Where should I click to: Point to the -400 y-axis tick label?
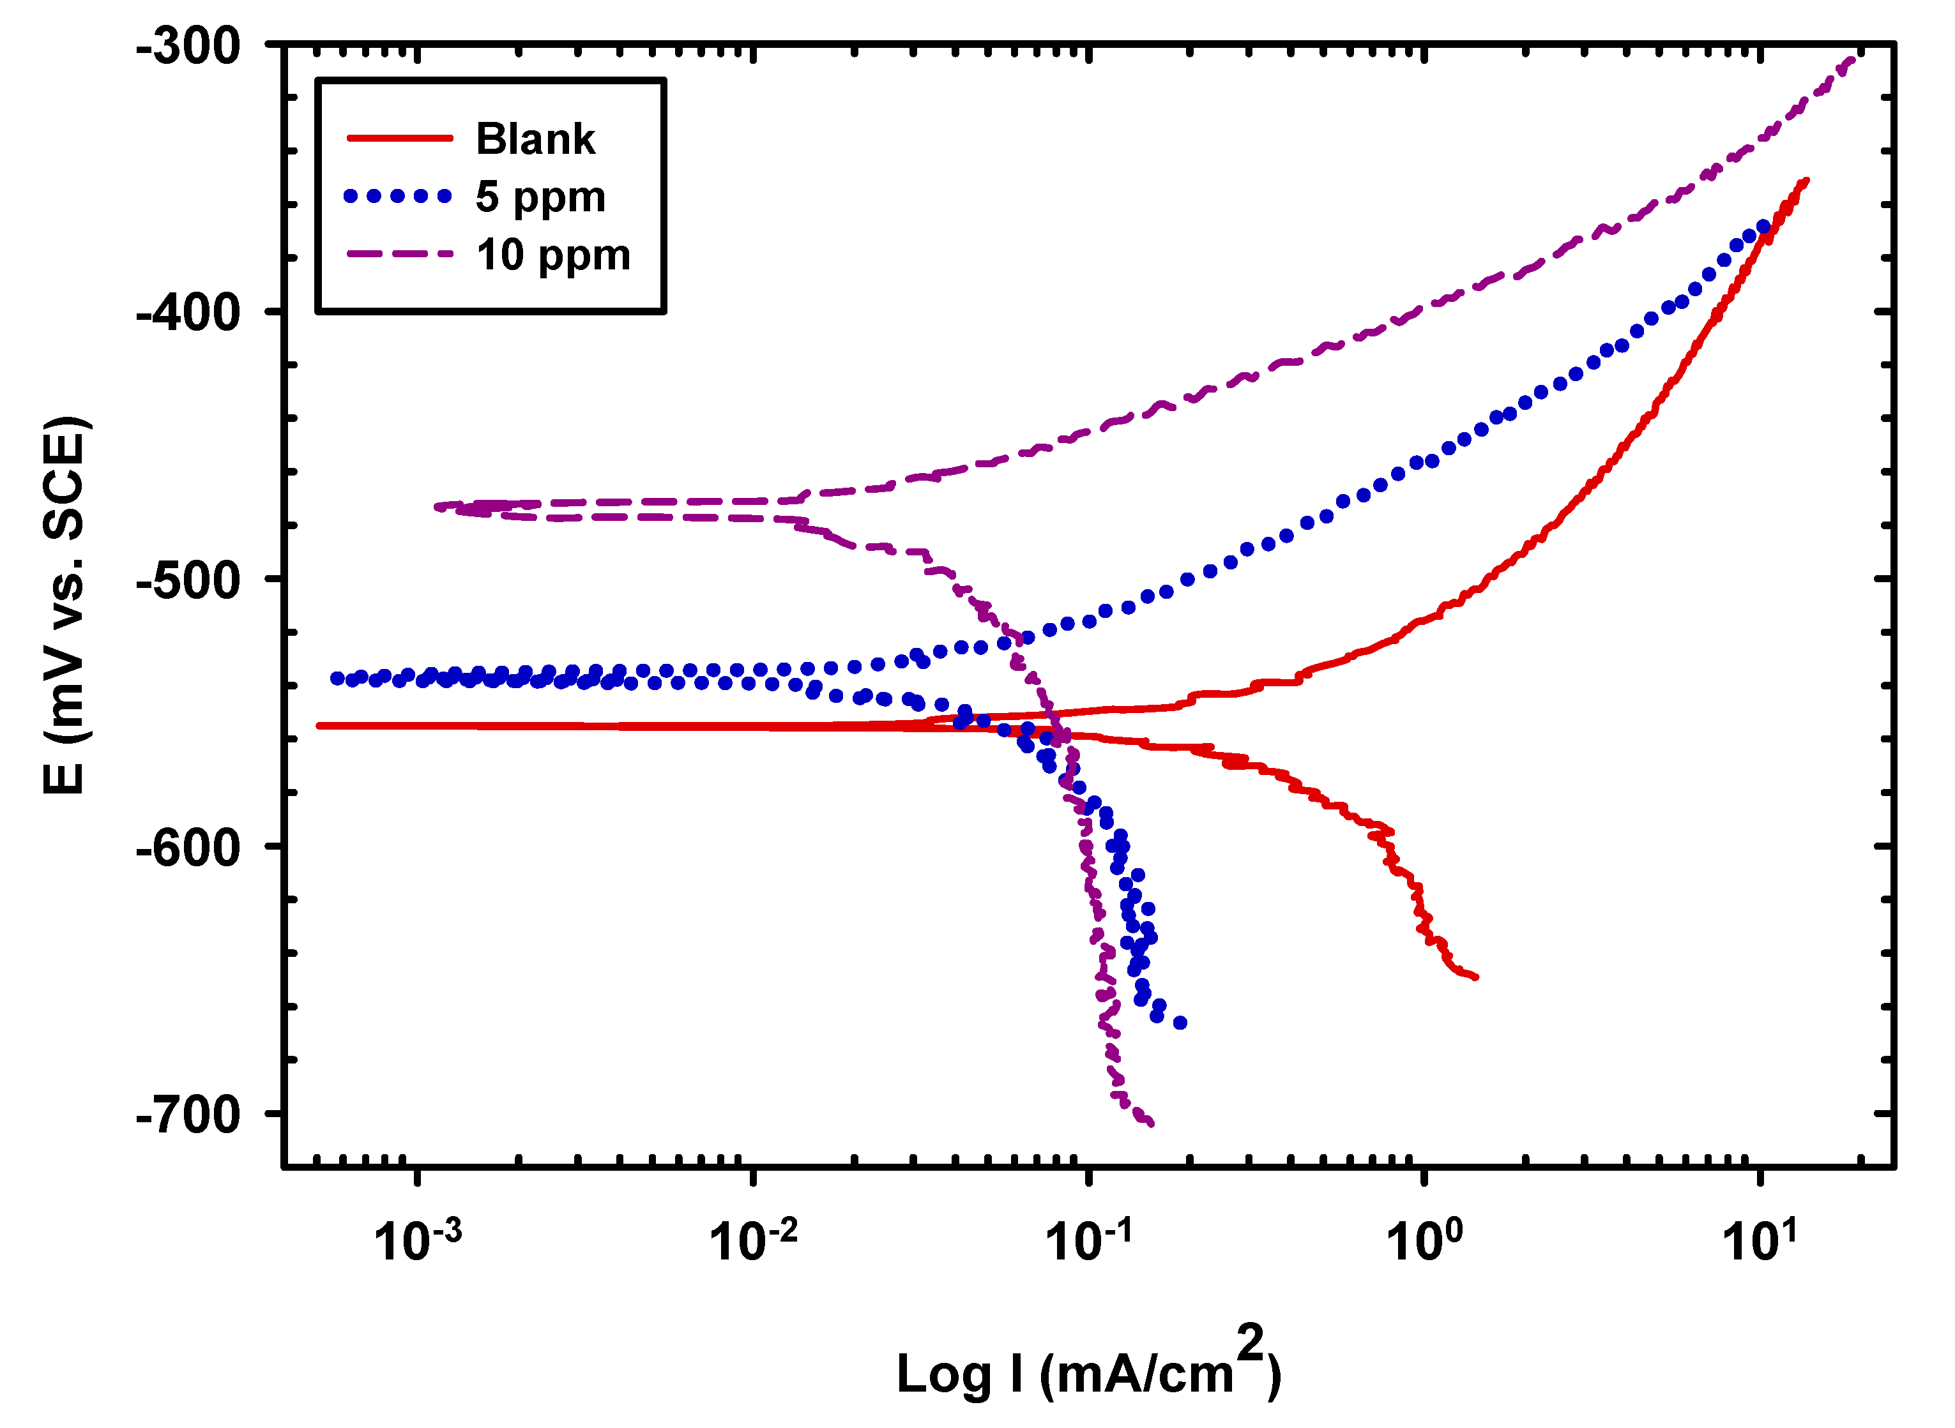click(x=188, y=312)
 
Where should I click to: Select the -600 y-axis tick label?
click(x=188, y=846)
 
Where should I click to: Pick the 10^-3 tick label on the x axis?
click(x=417, y=1240)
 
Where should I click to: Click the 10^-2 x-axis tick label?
click(x=752, y=1240)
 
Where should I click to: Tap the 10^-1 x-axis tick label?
click(x=1088, y=1240)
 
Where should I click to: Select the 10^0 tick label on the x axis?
click(x=1424, y=1240)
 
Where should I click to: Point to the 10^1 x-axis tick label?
click(x=1759, y=1240)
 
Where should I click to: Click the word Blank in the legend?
click(x=535, y=139)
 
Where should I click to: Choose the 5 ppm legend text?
click(x=540, y=197)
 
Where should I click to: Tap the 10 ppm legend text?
click(x=553, y=255)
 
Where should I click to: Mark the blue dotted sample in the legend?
click(x=398, y=196)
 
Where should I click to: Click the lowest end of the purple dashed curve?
click(x=1151, y=1124)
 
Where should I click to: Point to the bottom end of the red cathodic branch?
click(x=1476, y=978)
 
